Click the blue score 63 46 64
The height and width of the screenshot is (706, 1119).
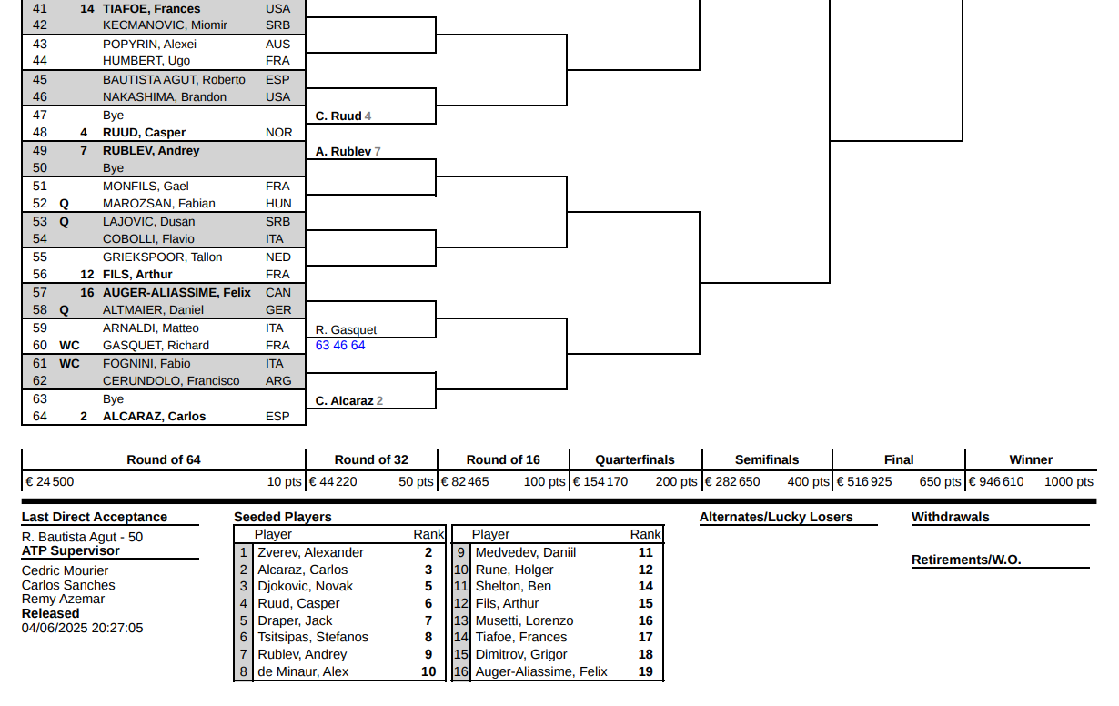pyautogui.click(x=340, y=345)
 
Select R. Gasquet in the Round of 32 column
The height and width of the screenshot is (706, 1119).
pyautogui.click(x=346, y=329)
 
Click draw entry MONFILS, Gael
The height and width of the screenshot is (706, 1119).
pyautogui.click(x=146, y=187)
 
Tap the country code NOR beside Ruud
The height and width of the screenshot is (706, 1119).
pyautogui.click(x=278, y=133)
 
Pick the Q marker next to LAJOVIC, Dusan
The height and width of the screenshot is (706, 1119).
pyautogui.click(x=64, y=222)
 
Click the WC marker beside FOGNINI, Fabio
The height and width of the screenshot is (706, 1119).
pyautogui.click(x=69, y=364)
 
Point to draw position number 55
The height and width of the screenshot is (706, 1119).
pyautogui.click(x=40, y=257)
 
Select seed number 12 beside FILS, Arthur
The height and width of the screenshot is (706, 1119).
pyautogui.click(x=87, y=275)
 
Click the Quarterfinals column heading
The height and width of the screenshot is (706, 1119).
pyautogui.click(x=634, y=459)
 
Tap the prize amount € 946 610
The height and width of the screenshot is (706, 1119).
pyautogui.click(x=996, y=481)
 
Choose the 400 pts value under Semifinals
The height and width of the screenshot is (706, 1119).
pyautogui.click(x=808, y=481)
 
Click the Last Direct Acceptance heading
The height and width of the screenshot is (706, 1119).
pyautogui.click(x=95, y=517)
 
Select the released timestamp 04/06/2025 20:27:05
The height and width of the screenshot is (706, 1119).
pyautogui.click(x=83, y=628)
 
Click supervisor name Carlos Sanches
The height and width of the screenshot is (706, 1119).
pyautogui.click(x=68, y=585)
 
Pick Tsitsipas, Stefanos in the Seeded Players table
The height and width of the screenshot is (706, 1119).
pyautogui.click(x=313, y=637)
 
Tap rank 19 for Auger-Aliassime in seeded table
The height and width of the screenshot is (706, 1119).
pyautogui.click(x=645, y=671)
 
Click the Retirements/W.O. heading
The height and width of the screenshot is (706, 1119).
pyautogui.click(x=966, y=560)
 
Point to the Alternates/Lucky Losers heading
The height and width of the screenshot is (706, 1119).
pyautogui.click(x=776, y=517)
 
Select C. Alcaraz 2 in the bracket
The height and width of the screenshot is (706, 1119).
pyautogui.click(x=349, y=400)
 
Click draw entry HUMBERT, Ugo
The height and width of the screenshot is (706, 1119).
pyautogui.click(x=146, y=61)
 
